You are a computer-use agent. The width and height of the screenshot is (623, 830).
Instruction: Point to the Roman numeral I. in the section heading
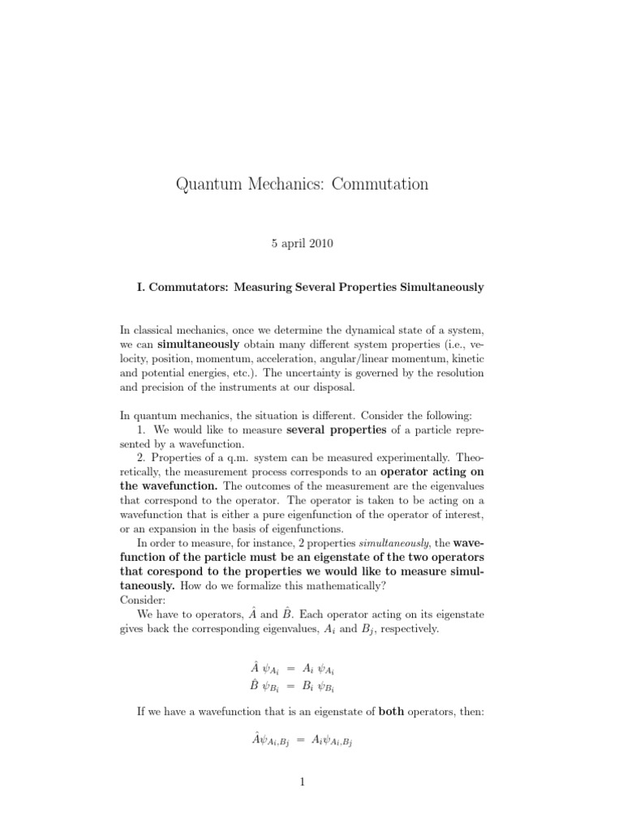145,288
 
